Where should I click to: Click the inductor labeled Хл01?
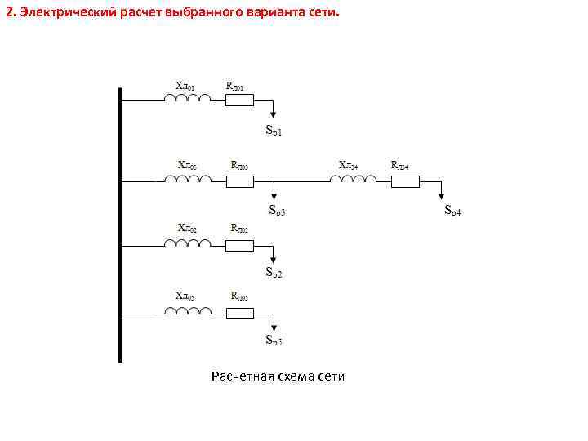click(x=188, y=100)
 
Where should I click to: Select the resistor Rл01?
click(x=240, y=100)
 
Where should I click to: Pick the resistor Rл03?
click(x=240, y=180)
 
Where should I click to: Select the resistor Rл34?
click(x=405, y=180)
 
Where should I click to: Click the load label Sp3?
click(x=278, y=211)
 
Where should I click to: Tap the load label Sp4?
click(x=452, y=211)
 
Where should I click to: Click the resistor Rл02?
click(x=240, y=244)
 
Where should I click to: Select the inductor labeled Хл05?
click(x=188, y=311)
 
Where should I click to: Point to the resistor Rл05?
click(x=240, y=311)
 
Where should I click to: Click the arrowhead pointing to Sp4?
click(x=442, y=196)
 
